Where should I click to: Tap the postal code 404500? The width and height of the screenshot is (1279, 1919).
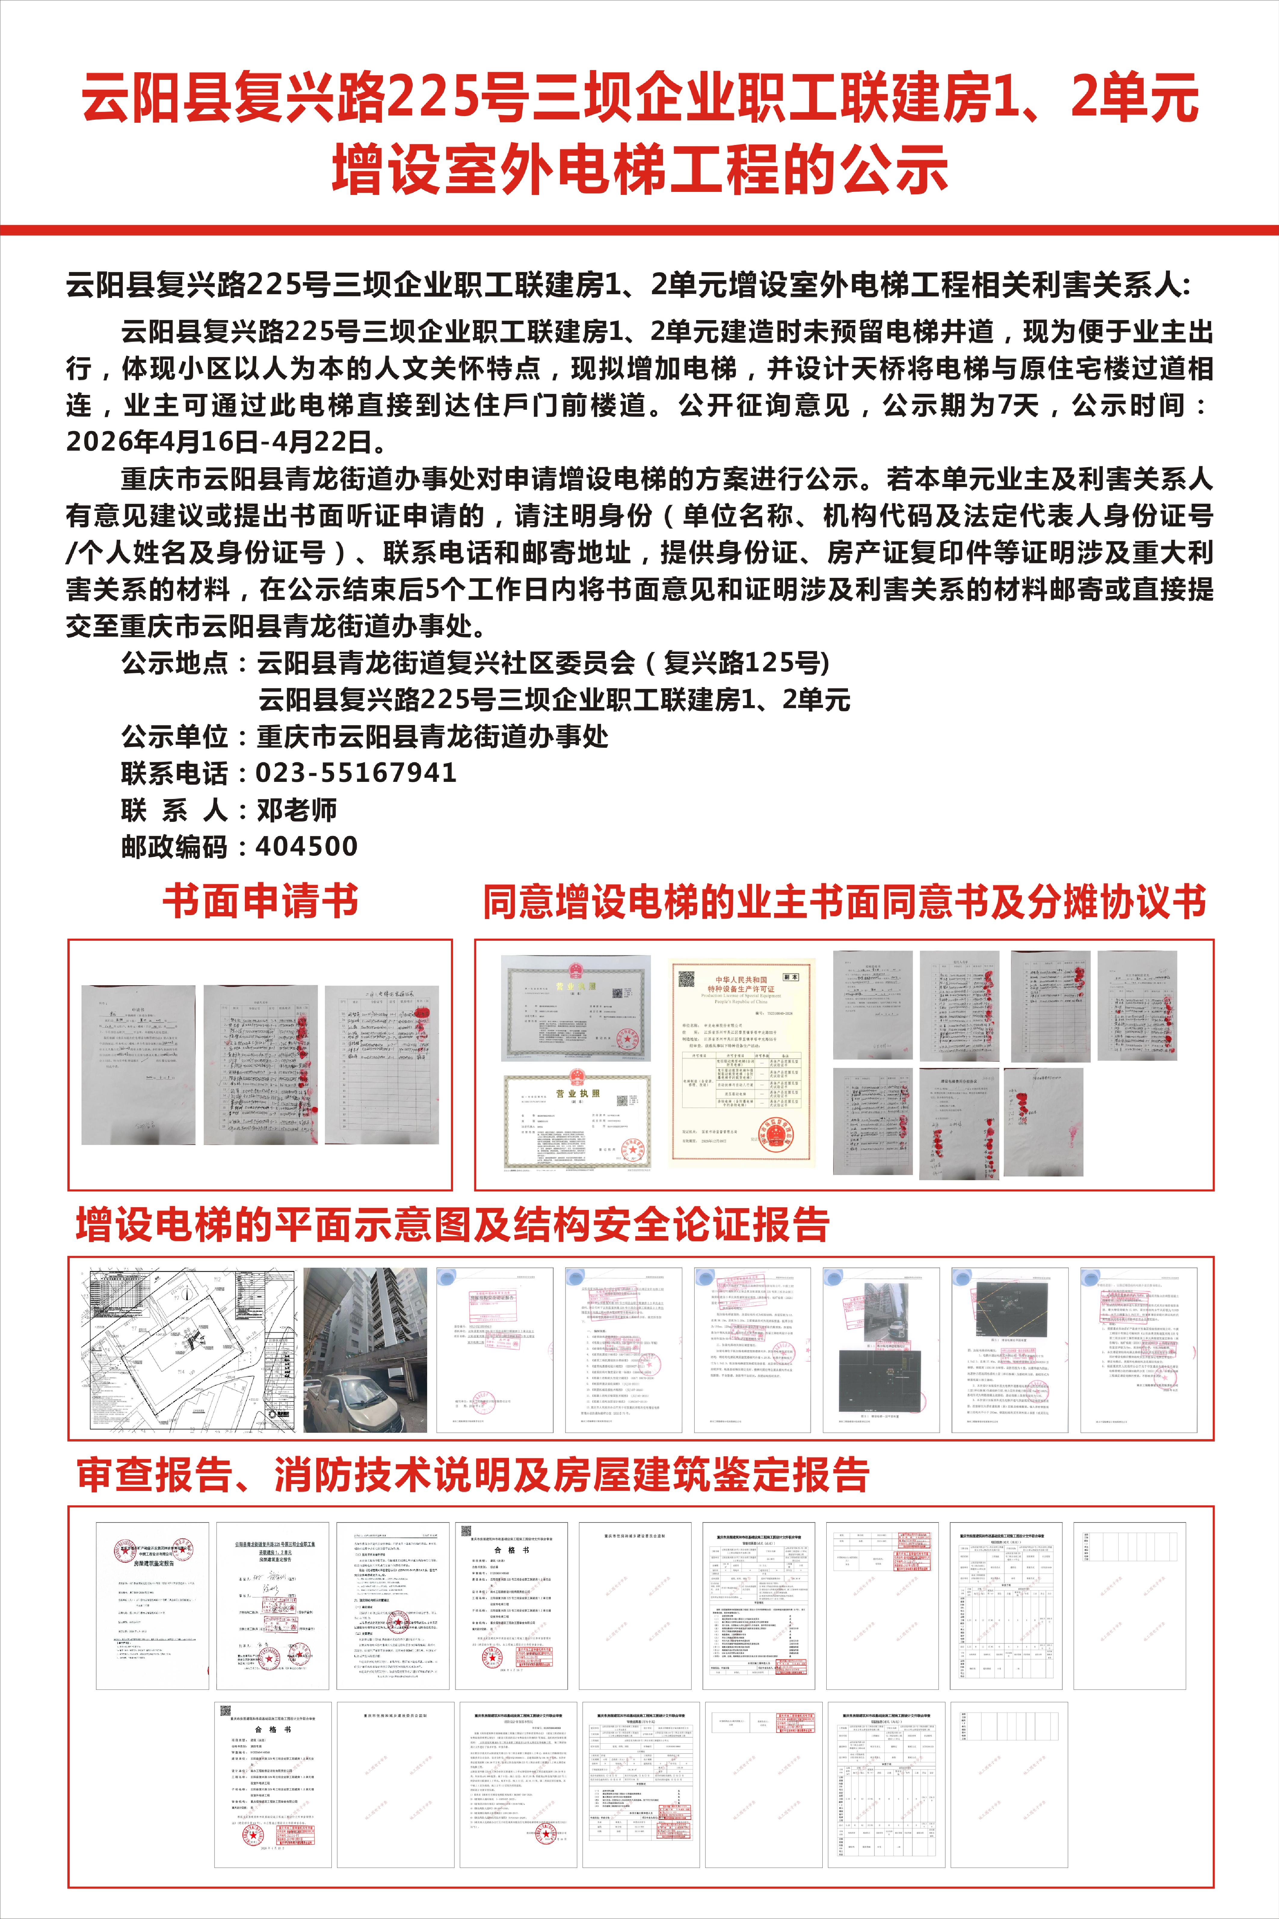[x=307, y=847]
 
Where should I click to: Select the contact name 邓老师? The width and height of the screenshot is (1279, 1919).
[x=297, y=810]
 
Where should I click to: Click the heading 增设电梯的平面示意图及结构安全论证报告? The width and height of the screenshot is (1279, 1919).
[x=453, y=1225]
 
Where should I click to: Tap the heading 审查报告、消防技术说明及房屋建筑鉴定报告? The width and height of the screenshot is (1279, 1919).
[x=473, y=1475]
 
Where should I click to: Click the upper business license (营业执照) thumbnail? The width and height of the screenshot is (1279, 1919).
[x=576, y=1008]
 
